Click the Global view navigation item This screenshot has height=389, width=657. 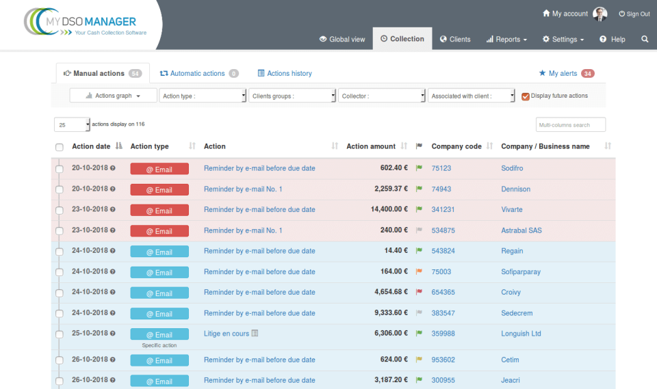[342, 39]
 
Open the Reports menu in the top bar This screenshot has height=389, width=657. [506, 39]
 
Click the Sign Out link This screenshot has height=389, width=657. [634, 14]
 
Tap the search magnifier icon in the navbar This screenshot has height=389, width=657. [645, 39]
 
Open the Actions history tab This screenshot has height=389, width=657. [285, 73]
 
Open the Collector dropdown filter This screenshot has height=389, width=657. [382, 96]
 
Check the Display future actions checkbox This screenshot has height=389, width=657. [526, 96]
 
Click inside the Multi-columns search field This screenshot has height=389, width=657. [570, 125]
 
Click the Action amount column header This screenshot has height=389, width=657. [371, 146]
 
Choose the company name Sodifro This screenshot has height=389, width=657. [512, 168]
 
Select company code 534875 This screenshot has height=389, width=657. [443, 230]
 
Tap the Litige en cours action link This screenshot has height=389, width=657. [227, 334]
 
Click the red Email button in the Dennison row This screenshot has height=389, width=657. [159, 189]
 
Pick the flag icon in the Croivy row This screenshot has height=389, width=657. [419, 293]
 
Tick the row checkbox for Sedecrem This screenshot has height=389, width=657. [59, 314]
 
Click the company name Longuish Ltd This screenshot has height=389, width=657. [521, 334]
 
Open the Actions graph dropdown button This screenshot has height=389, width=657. [113, 96]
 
